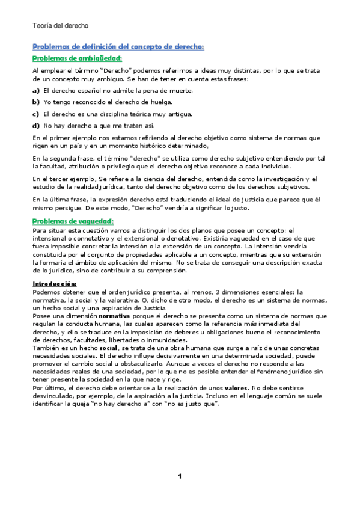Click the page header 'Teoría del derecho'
[60, 26]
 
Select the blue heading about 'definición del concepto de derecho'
[118, 46]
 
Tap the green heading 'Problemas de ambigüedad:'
[77, 58]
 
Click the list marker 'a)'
[36, 90]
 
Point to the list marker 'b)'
[36, 102]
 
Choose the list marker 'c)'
[36, 114]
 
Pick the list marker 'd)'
[36, 126]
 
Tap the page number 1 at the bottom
[180, 476]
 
